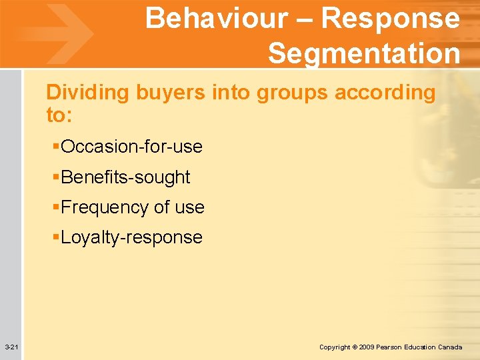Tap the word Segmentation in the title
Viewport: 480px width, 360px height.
point(363,53)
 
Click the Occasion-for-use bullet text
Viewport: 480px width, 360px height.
point(131,146)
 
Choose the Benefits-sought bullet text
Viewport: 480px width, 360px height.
point(125,177)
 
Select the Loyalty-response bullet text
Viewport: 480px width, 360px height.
point(131,237)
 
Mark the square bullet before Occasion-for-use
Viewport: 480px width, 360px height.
point(56,146)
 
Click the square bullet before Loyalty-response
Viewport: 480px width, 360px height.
point(56,237)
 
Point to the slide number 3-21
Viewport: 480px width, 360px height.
point(11,347)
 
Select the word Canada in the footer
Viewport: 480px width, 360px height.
point(450,347)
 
